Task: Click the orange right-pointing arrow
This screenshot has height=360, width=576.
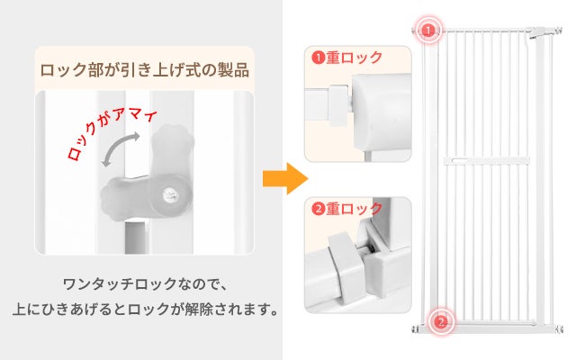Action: coord(285,178)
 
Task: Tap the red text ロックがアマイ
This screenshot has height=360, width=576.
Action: coord(112,134)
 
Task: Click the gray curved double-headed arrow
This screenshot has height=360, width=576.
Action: coord(121,149)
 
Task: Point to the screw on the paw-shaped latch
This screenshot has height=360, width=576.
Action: coord(169,194)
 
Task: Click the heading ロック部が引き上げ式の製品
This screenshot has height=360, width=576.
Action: coord(144,70)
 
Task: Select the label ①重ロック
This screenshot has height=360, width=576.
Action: coord(346,58)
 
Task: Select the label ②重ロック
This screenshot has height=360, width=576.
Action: coord(346,209)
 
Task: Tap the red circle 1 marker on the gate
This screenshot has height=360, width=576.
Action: coord(428,30)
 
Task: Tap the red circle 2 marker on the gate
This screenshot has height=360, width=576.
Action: coord(441,322)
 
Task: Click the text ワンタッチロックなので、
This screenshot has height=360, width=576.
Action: coord(146,284)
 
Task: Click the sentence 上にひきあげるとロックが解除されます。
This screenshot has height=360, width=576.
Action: coord(146,310)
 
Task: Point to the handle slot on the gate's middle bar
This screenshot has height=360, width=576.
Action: coord(460,160)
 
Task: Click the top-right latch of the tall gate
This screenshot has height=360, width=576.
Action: coord(536,32)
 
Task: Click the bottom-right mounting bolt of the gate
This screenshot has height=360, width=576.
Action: coord(560,328)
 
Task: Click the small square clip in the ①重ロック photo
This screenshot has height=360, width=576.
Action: coord(338,104)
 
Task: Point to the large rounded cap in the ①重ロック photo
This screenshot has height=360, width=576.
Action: coord(381,112)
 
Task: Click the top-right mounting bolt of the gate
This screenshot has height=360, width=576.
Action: coord(558,30)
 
